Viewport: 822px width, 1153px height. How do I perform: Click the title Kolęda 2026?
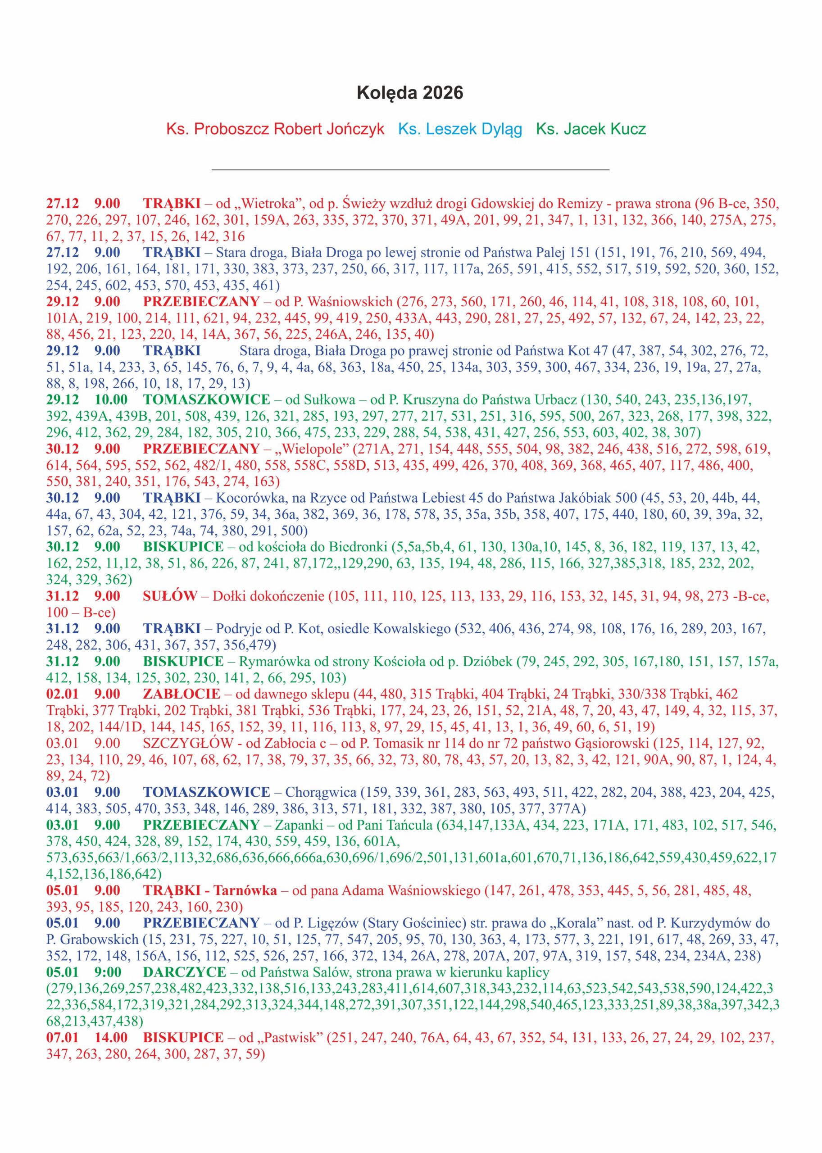[410, 94]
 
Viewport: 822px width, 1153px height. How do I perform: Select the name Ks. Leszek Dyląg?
[460, 130]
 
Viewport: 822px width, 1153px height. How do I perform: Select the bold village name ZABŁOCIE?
[182, 694]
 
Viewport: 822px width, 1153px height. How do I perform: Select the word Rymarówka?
[273, 661]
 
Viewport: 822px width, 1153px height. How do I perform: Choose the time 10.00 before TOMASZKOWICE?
[111, 399]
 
